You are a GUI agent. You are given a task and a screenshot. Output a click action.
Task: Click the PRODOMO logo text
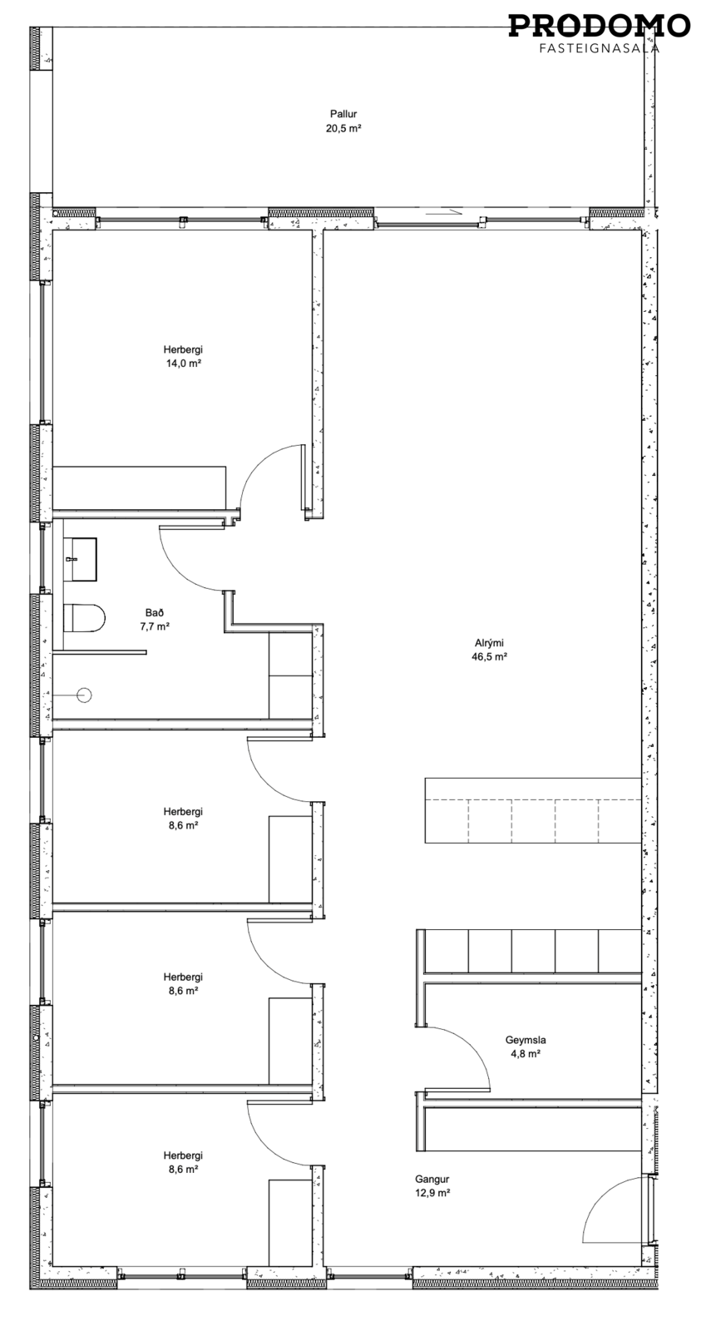coord(599,26)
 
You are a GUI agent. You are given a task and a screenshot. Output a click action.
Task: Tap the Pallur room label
coord(343,113)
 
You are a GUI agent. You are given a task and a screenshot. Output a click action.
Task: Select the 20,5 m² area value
coord(343,128)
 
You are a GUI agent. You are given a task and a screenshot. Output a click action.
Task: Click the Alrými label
coord(489,642)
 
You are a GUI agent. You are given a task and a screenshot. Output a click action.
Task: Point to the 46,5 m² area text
coord(489,656)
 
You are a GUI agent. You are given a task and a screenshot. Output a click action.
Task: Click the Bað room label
coord(153,612)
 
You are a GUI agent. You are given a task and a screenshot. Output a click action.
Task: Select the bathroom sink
coord(80,559)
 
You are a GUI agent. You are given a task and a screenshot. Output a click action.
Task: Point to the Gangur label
coord(432,1180)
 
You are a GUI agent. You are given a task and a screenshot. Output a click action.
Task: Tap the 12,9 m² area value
coord(432,1194)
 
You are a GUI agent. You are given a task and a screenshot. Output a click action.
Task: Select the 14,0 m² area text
coord(183,364)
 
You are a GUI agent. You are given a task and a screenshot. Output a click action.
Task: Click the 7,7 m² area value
coord(153,626)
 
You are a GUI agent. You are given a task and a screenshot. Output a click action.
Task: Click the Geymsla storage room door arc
coord(469,1047)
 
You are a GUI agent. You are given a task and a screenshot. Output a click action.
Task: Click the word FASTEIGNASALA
coord(600,48)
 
